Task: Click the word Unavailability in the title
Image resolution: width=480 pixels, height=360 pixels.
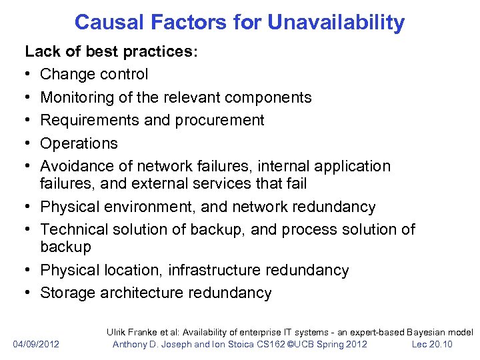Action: tap(336, 23)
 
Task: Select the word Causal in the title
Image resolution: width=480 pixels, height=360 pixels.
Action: tap(107, 23)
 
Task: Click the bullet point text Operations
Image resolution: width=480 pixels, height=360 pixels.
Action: tap(79, 143)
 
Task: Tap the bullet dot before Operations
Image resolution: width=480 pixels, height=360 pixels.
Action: tap(29, 143)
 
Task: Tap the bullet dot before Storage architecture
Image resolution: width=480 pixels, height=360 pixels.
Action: tap(29, 293)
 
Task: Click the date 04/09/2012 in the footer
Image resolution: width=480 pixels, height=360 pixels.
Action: tap(36, 344)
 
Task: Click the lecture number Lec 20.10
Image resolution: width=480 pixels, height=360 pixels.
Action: tap(431, 344)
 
